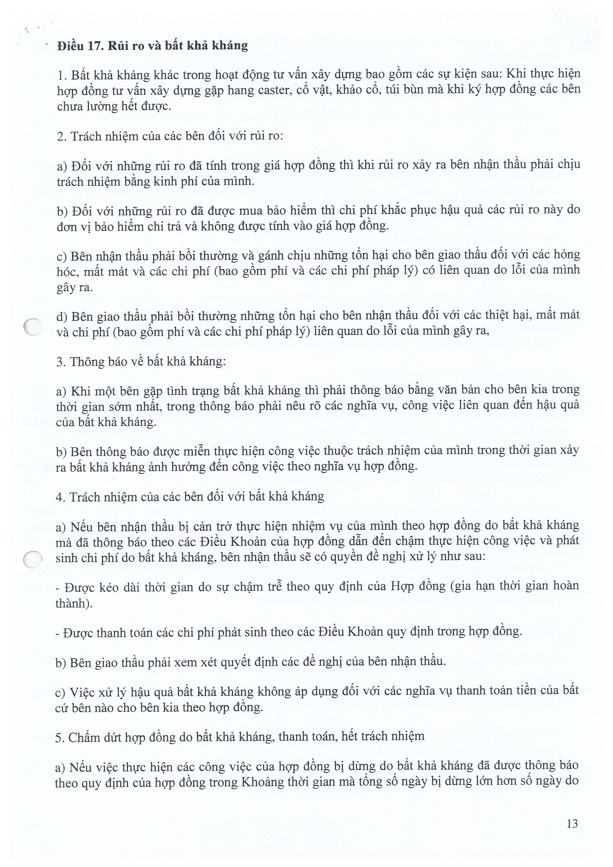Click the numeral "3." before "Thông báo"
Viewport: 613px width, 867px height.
pos(60,362)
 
